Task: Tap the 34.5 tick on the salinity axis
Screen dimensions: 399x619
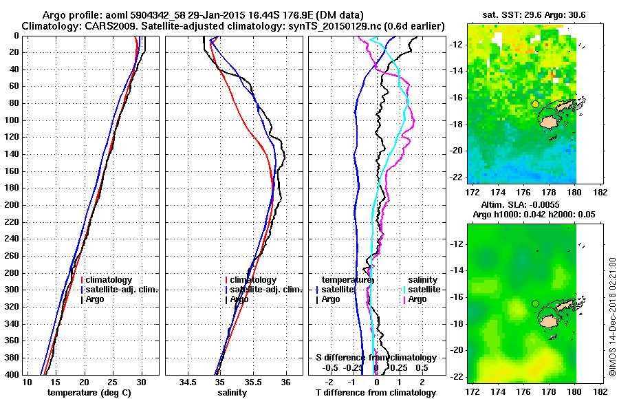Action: (x=188, y=382)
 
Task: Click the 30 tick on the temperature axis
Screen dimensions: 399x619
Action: (x=141, y=382)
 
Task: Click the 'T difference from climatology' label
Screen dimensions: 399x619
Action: (x=376, y=393)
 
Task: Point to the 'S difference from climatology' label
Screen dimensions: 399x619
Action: (x=376, y=358)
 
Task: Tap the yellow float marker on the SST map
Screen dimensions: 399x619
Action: (x=535, y=104)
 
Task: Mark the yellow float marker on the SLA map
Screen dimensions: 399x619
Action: (x=535, y=303)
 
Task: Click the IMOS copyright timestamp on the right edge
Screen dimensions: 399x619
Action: (x=612, y=316)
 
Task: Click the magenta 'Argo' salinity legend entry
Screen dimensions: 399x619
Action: (x=417, y=299)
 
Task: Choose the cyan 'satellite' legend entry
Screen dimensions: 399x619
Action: (x=424, y=290)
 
